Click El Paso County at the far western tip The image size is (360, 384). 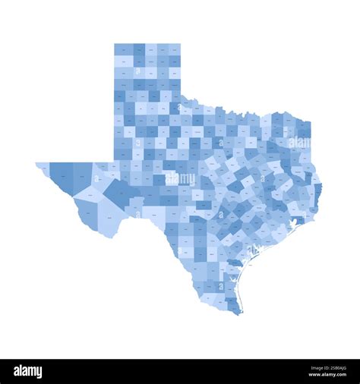pos(42,166)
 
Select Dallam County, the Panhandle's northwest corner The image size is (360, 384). pos(124,49)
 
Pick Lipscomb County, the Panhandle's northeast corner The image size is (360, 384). pos(175,49)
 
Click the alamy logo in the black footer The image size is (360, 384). pos(28,372)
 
